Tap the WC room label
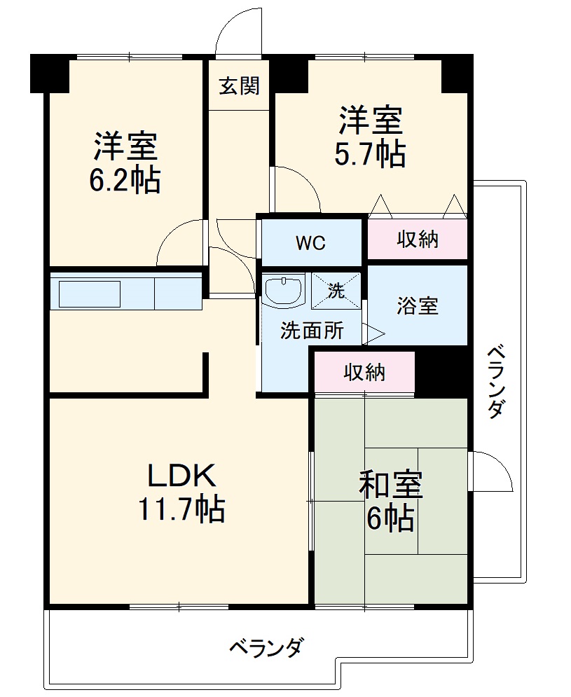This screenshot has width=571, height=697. point(310,243)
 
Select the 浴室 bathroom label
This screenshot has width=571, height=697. point(418,305)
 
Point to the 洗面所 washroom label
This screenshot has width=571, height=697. point(312,330)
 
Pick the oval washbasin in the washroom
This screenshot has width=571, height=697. point(284,289)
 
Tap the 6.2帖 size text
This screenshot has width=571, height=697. point(125,181)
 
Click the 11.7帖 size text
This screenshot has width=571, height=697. point(181,509)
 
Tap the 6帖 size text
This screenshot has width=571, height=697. point(390,518)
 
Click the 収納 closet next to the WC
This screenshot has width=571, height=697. point(418,240)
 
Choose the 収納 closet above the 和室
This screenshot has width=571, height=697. point(364,373)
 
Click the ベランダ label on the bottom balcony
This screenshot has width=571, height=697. point(267,647)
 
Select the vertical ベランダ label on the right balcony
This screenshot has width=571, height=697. point(495,381)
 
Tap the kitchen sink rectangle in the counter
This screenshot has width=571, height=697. point(90,294)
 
